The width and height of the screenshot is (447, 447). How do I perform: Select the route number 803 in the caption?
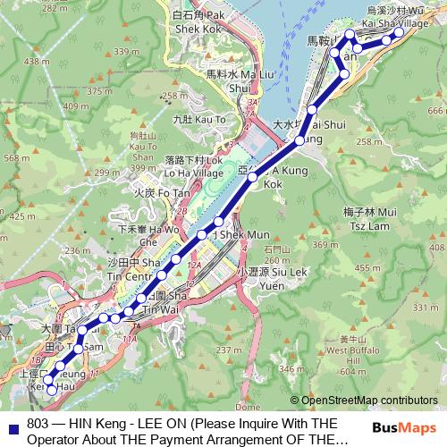(x=38, y=424)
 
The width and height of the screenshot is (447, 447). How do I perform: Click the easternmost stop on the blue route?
(x=400, y=31)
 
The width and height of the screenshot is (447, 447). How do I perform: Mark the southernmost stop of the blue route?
(x=51, y=390)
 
